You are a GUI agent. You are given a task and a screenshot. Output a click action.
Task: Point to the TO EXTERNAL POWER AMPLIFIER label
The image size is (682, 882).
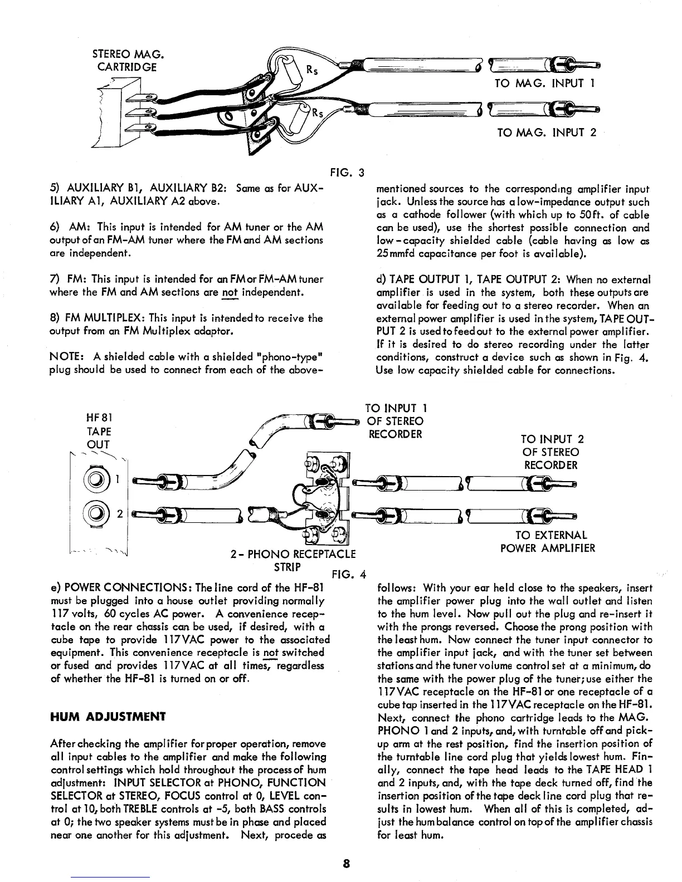point(548,541)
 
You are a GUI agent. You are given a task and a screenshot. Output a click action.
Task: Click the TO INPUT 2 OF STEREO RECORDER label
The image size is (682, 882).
point(551,452)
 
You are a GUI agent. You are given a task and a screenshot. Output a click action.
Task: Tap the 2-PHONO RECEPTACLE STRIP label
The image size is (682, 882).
point(293,560)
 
